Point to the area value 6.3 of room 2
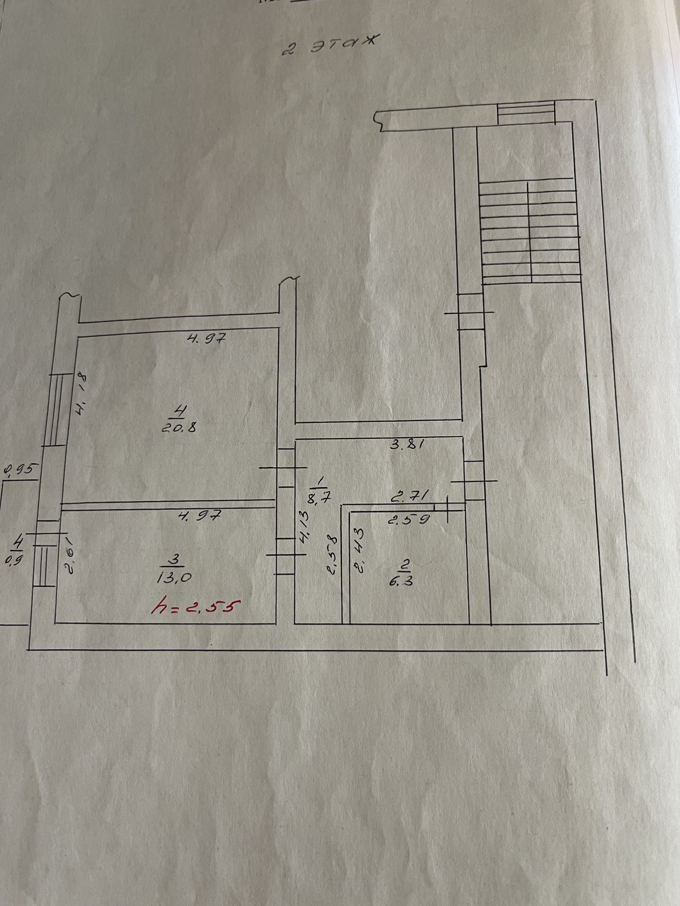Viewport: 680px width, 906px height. (401, 581)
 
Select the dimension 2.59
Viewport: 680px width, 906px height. (408, 519)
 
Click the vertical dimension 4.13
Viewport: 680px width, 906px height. (303, 532)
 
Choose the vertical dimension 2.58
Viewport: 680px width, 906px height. (333, 554)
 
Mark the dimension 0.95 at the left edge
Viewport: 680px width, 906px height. (19, 470)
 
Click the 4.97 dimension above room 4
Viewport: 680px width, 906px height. (206, 338)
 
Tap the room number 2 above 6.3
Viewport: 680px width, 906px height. (406, 565)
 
